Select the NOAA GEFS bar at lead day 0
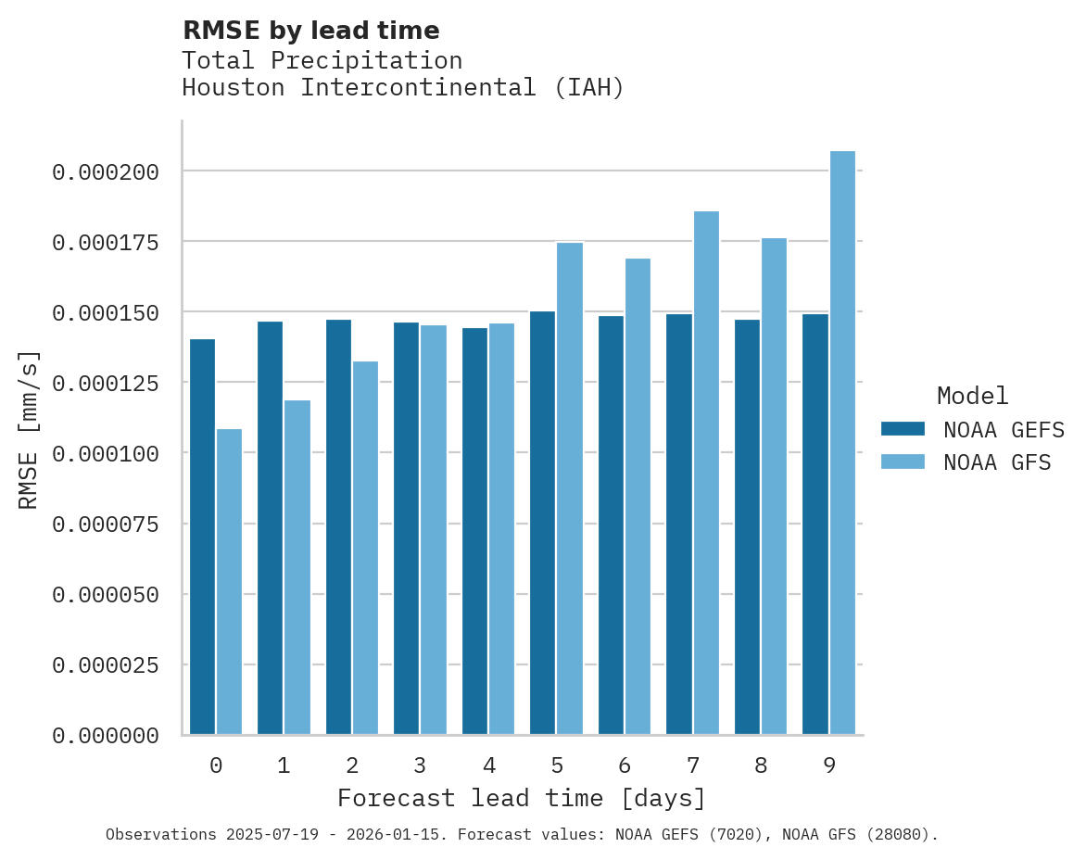click(202, 537)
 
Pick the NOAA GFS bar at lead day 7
click(706, 473)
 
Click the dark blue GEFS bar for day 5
click(542, 523)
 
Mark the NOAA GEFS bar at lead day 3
click(406, 528)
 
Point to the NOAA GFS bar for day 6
click(638, 497)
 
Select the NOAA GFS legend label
click(997, 462)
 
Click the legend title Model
click(972, 396)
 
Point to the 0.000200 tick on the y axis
click(106, 172)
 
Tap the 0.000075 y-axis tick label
click(106, 525)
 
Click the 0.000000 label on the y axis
click(106, 736)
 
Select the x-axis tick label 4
click(488, 765)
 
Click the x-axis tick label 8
click(761, 765)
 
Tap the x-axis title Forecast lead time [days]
click(522, 798)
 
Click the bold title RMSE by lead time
click(310, 31)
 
